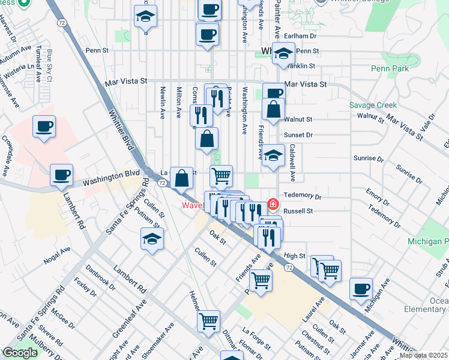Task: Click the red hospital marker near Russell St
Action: (x=273, y=205)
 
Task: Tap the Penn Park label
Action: (x=391, y=69)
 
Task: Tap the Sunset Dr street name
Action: (x=301, y=135)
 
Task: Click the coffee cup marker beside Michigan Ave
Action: (x=361, y=289)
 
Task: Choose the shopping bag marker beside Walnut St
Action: (x=273, y=110)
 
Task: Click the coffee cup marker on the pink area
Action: (x=44, y=127)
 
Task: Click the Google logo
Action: (x=20, y=353)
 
